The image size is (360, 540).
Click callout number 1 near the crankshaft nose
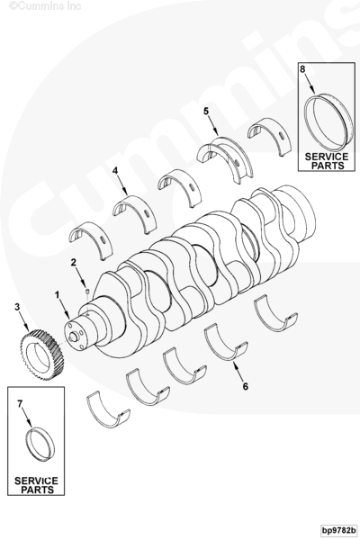58,295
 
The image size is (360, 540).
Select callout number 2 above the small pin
74,263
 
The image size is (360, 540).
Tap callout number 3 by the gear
17,307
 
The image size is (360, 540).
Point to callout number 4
115,170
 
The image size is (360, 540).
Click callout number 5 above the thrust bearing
206,112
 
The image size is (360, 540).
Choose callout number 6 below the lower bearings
246,386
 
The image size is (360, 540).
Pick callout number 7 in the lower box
20,403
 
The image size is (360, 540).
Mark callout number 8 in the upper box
302,69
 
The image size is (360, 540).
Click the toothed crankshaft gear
41,355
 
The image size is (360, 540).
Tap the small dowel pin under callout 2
87,292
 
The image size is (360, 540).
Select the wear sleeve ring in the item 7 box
40,444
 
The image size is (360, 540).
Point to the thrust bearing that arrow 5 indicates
225,160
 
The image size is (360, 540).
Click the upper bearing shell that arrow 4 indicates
134,214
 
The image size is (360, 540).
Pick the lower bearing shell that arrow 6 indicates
226,342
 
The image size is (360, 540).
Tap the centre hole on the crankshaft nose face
73,337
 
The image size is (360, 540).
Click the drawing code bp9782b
338,529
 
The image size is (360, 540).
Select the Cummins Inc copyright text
45,6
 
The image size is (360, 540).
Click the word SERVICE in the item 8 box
327,157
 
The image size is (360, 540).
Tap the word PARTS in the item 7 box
38,490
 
